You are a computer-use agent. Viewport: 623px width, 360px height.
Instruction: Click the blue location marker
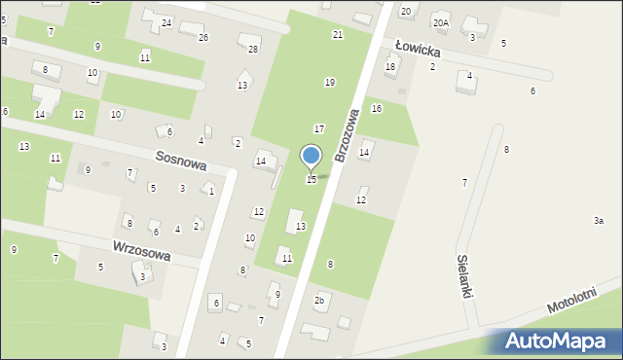click(x=311, y=157)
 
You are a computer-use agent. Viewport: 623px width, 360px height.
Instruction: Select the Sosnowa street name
click(x=180, y=161)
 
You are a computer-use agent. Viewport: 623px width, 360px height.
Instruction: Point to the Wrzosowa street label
click(x=141, y=250)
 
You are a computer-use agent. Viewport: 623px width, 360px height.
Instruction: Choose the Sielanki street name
click(x=463, y=276)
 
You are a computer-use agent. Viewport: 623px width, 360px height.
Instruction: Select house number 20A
click(x=441, y=22)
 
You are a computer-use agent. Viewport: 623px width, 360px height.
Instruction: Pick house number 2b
click(x=318, y=300)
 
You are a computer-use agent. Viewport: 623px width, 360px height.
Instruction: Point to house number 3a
click(x=599, y=221)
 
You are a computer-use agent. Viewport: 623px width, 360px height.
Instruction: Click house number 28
click(x=253, y=49)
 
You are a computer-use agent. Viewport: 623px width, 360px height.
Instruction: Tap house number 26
click(x=202, y=37)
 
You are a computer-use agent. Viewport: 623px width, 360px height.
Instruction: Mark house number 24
click(x=166, y=22)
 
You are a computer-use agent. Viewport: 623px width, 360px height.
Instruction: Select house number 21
click(x=338, y=34)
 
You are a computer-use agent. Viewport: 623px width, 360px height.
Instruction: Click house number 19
click(x=330, y=82)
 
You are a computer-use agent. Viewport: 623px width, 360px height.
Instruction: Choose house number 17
click(x=318, y=128)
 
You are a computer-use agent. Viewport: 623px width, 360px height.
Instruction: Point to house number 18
click(x=390, y=66)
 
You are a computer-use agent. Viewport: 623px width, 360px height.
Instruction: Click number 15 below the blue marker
click(x=311, y=180)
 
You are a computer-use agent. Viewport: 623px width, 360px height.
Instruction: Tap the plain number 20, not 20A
click(x=406, y=11)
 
